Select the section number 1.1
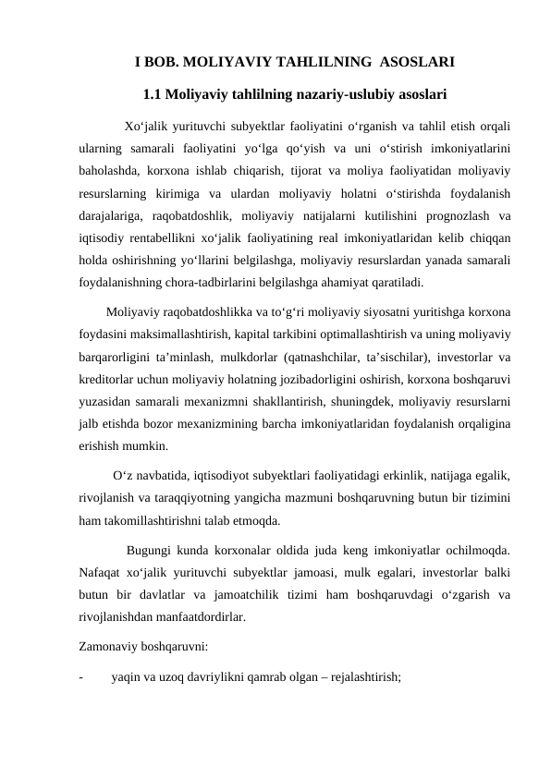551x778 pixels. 154,93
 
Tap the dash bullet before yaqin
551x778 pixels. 82,676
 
